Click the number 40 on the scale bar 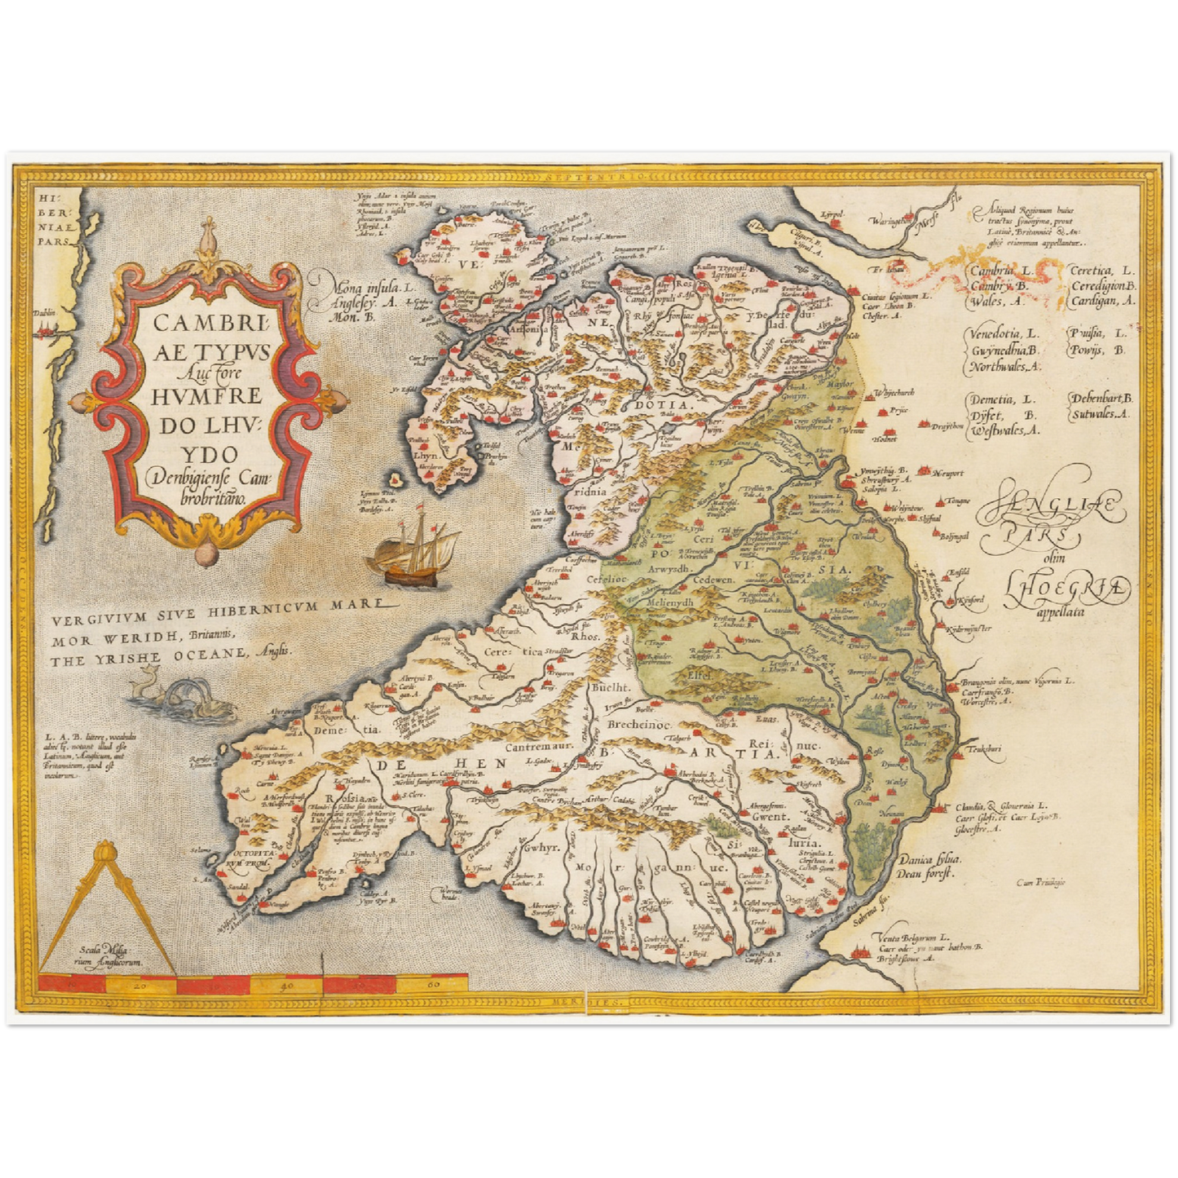coord(286,986)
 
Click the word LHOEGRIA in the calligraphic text coord(1067,586)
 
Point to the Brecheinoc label coord(641,723)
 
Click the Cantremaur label coord(540,746)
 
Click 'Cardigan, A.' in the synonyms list coord(1102,300)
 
